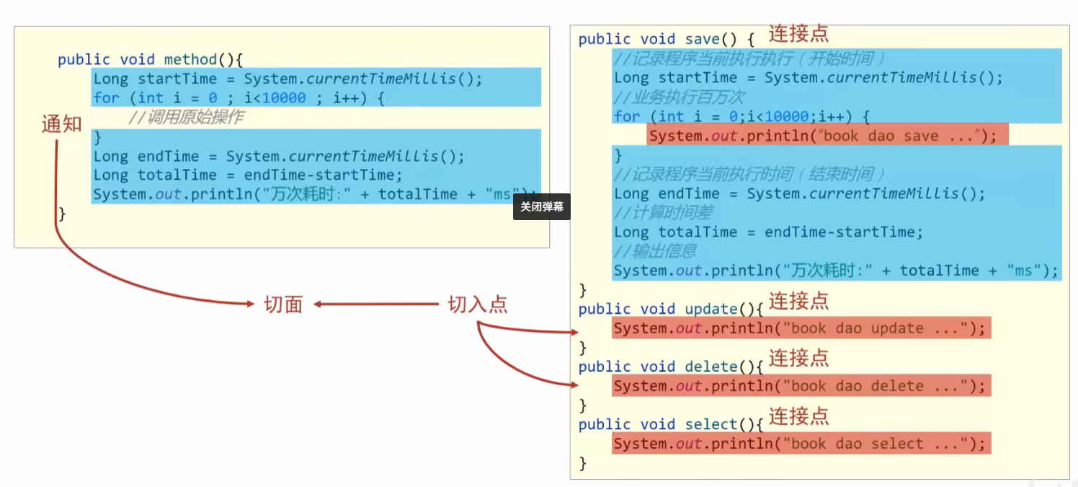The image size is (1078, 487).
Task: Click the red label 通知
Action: [x=62, y=125]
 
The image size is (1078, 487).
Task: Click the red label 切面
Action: [x=283, y=305]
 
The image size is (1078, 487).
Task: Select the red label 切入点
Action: [x=478, y=304]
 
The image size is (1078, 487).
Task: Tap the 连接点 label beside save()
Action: [x=798, y=34]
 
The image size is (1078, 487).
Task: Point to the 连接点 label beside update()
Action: [x=798, y=301]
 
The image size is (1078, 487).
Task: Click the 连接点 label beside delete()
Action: [x=798, y=359]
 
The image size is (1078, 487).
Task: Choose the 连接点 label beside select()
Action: [x=798, y=416]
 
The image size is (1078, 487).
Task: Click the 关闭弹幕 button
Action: [x=542, y=207]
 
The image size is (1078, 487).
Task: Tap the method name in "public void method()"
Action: [x=190, y=60]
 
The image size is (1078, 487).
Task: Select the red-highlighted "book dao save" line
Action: [x=827, y=136]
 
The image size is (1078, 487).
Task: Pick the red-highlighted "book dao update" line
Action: [x=801, y=328]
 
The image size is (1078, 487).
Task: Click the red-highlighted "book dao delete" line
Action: [x=801, y=386]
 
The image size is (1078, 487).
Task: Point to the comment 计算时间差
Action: [x=663, y=213]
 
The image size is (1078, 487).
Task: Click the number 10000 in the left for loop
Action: [x=283, y=98]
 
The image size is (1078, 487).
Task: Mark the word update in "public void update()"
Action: [x=710, y=309]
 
